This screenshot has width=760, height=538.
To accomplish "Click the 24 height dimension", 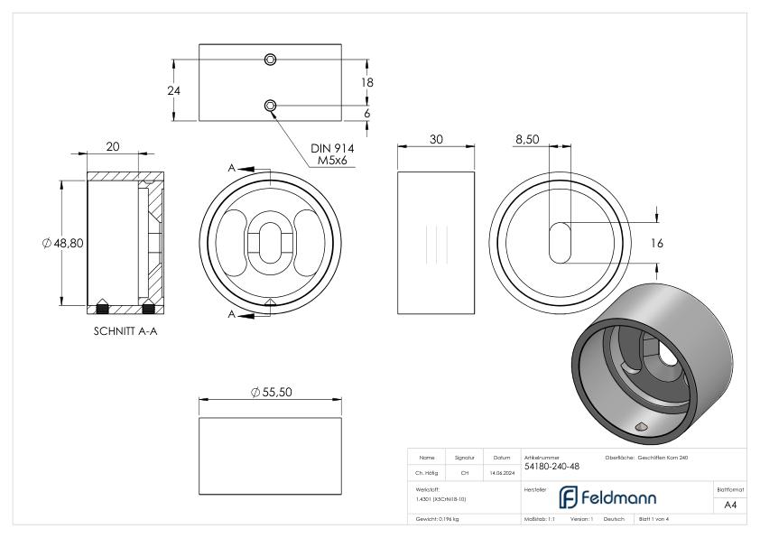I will pyautogui.click(x=160, y=90).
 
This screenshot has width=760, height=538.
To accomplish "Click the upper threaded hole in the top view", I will pyautogui.click(x=270, y=60).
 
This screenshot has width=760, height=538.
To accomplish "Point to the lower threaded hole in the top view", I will pyautogui.click(x=270, y=107).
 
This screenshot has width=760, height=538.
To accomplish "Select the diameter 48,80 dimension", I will pyautogui.click(x=62, y=243).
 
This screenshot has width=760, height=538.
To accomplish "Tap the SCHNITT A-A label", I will pyautogui.click(x=126, y=330).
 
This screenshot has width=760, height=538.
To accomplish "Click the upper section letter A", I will pyautogui.click(x=232, y=168).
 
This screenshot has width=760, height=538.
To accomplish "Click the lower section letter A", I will pyautogui.click(x=232, y=314).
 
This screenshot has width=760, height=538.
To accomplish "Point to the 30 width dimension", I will pyautogui.click(x=436, y=141).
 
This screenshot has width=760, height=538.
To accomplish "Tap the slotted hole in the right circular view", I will pyautogui.click(x=560, y=242).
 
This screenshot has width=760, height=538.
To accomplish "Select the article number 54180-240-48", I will pyautogui.click(x=551, y=467).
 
